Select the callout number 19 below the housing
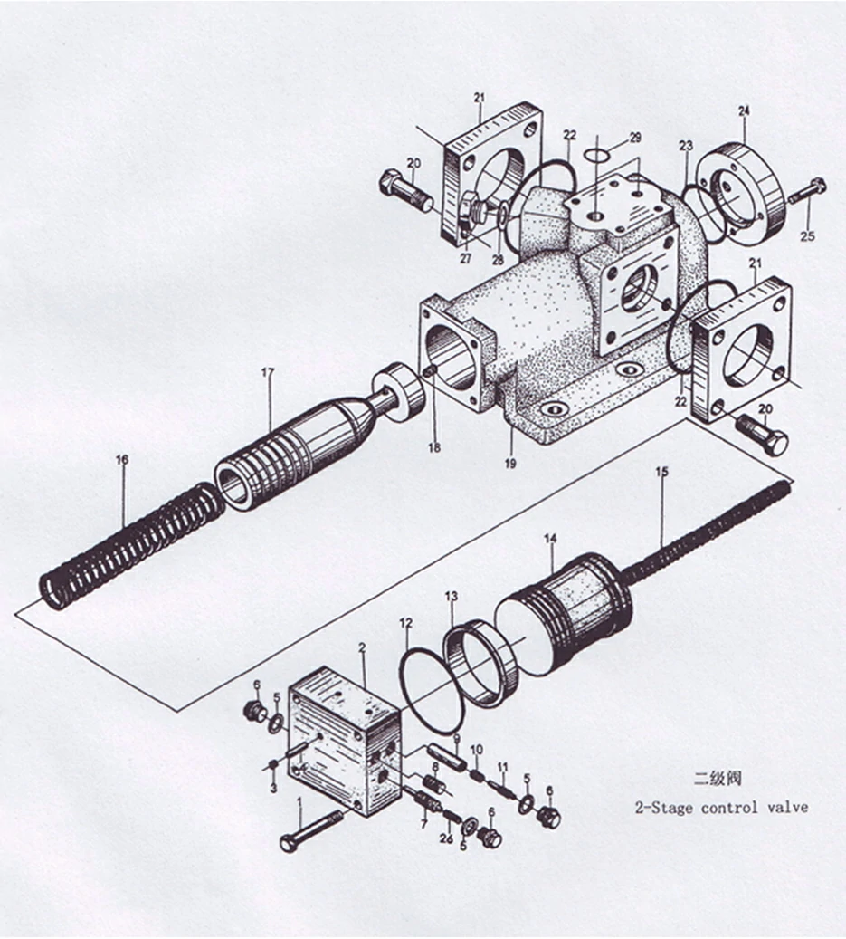tap(510, 464)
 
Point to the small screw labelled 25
tap(806, 191)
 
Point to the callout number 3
tap(274, 787)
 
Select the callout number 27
tap(466, 257)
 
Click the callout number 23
tap(686, 146)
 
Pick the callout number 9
tap(457, 740)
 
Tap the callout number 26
tap(445, 837)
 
